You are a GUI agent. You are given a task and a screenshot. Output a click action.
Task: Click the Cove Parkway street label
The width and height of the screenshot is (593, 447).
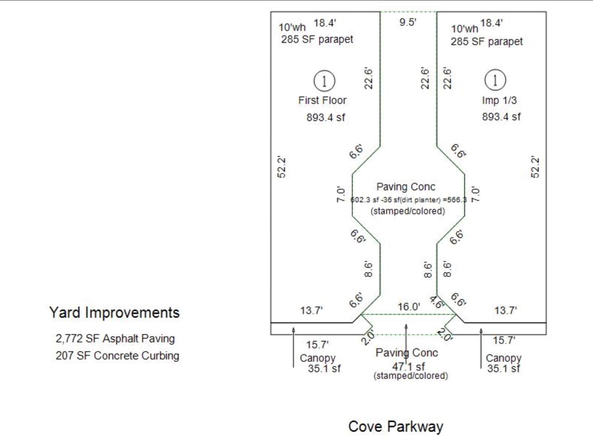[395, 427]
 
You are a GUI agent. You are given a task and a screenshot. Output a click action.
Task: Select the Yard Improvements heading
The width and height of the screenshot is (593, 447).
[114, 313]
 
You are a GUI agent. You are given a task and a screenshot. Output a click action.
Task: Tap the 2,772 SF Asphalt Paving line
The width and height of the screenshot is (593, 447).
[115, 339]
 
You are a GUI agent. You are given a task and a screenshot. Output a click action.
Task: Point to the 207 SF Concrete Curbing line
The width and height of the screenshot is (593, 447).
[117, 356]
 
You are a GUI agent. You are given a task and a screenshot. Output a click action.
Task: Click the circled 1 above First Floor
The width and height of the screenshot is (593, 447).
[324, 81]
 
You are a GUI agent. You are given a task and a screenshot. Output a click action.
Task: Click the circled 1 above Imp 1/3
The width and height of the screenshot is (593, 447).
[495, 80]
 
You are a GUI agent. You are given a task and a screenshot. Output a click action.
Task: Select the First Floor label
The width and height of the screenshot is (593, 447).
[322, 100]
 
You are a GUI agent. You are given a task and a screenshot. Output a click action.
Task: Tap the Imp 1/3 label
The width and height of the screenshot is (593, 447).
[499, 100]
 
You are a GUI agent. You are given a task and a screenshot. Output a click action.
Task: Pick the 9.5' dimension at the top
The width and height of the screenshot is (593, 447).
[407, 22]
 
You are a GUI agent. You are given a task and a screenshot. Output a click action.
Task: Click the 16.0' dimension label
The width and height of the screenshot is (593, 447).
[408, 307]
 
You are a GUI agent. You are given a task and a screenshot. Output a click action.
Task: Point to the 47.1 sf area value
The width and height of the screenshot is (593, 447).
[408, 367]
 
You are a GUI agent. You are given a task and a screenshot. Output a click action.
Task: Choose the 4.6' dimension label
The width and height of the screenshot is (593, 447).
[436, 302]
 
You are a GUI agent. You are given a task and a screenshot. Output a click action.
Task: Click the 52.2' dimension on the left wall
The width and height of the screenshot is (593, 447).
[282, 168]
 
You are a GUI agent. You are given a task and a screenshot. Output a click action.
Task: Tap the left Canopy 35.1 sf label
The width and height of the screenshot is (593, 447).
[320, 364]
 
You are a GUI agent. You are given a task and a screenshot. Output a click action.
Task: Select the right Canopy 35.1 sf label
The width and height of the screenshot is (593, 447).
[503, 364]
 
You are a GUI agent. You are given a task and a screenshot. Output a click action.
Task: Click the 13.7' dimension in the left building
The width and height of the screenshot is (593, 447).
[311, 310]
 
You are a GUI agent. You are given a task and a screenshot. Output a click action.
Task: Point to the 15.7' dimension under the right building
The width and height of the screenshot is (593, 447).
[504, 340]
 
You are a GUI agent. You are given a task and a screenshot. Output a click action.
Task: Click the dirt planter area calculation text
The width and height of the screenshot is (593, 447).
[408, 200]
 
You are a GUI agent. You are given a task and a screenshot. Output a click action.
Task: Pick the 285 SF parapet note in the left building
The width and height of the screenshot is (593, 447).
[317, 39]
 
